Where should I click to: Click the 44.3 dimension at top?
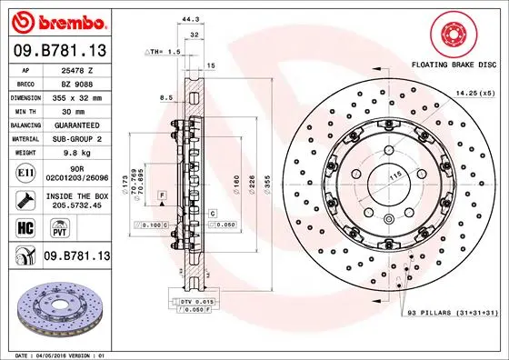click(x=189, y=18)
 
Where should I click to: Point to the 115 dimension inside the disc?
click(x=370, y=175)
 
